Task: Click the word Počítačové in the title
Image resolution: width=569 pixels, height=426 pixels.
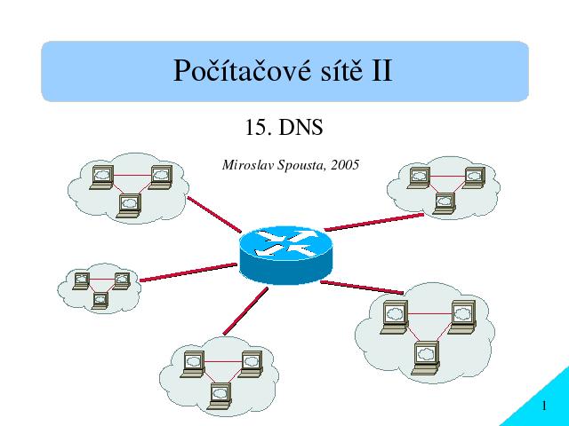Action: pyautogui.click(x=242, y=71)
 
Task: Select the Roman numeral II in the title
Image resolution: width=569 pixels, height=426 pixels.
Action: pyautogui.click(x=381, y=71)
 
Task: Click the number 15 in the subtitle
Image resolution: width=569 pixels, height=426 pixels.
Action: pyautogui.click(x=256, y=128)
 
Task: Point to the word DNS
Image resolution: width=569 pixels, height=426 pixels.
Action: pyautogui.click(x=301, y=128)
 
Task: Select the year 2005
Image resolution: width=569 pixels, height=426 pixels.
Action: pyautogui.click(x=345, y=165)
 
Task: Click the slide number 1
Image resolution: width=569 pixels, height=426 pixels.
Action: pyautogui.click(x=544, y=406)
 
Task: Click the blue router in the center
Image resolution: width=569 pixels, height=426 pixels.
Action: pyautogui.click(x=286, y=255)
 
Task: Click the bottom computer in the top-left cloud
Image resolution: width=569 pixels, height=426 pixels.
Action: pyautogui.click(x=129, y=206)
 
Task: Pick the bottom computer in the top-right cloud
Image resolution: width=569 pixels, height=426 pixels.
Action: pyautogui.click(x=445, y=203)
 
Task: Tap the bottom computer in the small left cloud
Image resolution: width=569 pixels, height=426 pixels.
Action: pyautogui.click(x=100, y=301)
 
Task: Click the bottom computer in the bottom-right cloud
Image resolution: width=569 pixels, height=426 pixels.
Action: pyautogui.click(x=426, y=358)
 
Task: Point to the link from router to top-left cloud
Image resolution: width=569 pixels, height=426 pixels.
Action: pyautogui.click(x=214, y=215)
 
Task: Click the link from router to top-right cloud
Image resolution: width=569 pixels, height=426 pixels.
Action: pyautogui.click(x=373, y=222)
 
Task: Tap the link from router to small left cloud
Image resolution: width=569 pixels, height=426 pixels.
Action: pyautogui.click(x=188, y=272)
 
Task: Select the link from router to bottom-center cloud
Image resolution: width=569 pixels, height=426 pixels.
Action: pyautogui.click(x=245, y=311)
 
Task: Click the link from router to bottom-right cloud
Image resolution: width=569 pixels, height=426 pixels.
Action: pyautogui.click(x=362, y=288)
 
